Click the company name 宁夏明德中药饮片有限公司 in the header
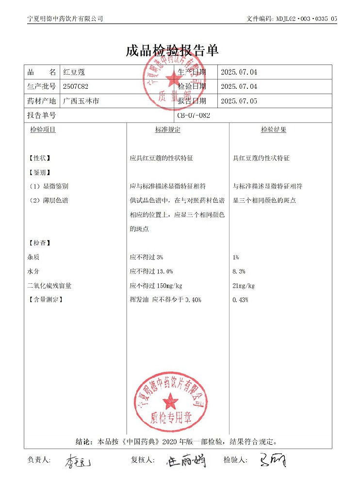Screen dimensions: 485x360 pyautogui.click(x=65, y=18)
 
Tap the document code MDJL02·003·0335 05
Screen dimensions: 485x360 pyautogui.click(x=307, y=18)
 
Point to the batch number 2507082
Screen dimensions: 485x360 pyautogui.click(x=76, y=86)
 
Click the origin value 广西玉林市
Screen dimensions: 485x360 pyautogui.click(x=82, y=101)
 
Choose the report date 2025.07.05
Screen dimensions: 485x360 pyautogui.click(x=239, y=101)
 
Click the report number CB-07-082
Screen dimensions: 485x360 pyautogui.click(x=194, y=115)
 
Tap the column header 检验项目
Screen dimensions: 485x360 pyautogui.click(x=43, y=130)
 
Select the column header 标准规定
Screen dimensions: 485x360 pyautogui.click(x=167, y=130)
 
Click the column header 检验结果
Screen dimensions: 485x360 pyautogui.click(x=274, y=130)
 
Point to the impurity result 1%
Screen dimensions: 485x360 pyautogui.click(x=236, y=257)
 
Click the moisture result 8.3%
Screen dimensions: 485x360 pyautogui.click(x=239, y=271)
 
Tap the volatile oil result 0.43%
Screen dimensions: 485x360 pyautogui.click(x=241, y=300)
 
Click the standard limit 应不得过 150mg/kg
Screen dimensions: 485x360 pyautogui.click(x=156, y=285)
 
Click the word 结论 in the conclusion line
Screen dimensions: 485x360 pyautogui.click(x=83, y=442)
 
